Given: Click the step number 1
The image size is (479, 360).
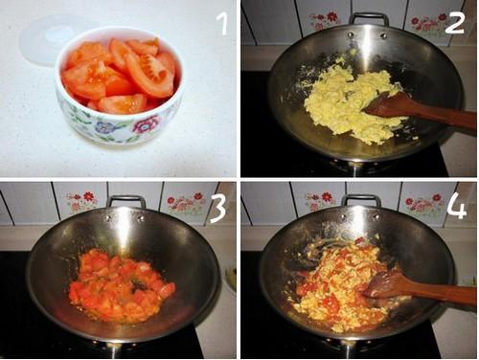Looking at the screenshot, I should point(222,22).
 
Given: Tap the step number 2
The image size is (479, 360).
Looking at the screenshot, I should point(454,22).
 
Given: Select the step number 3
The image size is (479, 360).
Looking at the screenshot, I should point(218,208).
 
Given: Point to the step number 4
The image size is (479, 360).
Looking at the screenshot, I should point(456,206).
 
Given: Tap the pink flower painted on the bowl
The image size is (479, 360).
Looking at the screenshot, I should point(145,125).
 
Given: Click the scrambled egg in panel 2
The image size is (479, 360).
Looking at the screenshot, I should point(343,101).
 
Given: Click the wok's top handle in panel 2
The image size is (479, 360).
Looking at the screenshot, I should point(369,18).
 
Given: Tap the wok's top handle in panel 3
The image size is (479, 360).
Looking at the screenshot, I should point(126,201).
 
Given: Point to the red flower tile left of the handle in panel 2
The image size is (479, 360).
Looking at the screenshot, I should point(321,19).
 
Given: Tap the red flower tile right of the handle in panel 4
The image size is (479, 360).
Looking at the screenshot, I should point(421,203).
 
